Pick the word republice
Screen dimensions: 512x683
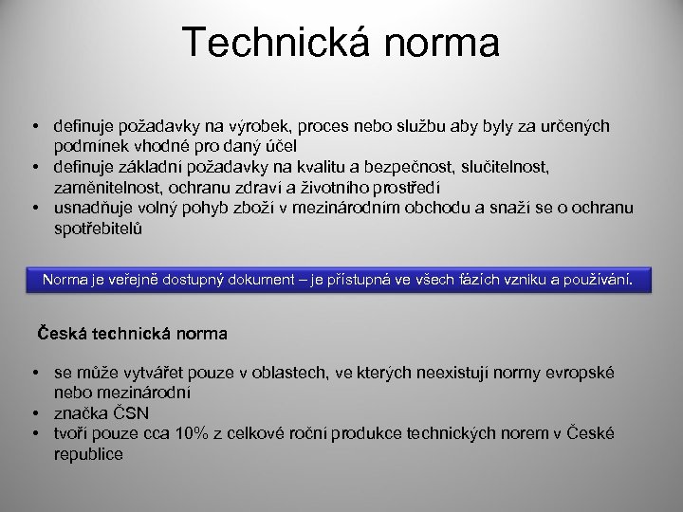88,453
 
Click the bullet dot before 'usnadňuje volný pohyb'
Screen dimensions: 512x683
33,207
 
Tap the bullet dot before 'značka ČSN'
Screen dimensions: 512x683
33,413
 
